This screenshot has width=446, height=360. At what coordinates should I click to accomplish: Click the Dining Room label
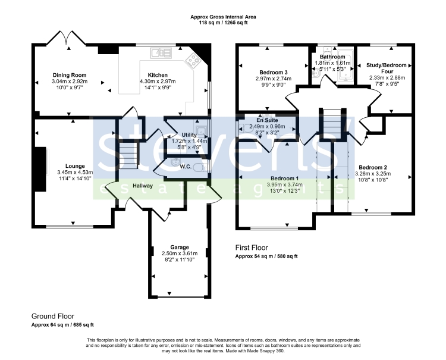(x=70, y=75)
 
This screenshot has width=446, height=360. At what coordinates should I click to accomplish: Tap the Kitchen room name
(x=158, y=75)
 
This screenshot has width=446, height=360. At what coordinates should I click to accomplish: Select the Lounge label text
(x=75, y=166)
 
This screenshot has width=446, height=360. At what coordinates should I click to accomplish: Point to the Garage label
(x=180, y=247)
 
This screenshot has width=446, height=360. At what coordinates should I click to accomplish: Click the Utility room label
(x=189, y=134)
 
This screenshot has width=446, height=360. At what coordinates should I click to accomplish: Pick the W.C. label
(x=186, y=167)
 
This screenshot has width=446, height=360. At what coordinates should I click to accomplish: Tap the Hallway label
(x=143, y=186)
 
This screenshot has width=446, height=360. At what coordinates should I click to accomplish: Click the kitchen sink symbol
(x=161, y=53)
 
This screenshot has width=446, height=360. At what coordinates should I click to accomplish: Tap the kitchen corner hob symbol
(x=193, y=61)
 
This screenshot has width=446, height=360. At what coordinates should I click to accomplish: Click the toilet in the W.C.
(x=200, y=168)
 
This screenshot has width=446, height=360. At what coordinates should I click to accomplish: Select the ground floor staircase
(x=128, y=155)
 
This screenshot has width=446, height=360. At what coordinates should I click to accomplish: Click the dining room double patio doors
(x=66, y=37)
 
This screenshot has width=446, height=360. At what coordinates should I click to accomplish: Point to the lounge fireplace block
(x=40, y=169)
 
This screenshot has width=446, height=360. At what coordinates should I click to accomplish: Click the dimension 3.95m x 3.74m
(x=284, y=184)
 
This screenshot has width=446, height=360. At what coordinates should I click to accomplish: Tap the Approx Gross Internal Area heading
(x=223, y=17)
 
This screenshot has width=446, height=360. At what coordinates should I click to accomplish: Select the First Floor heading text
(x=252, y=248)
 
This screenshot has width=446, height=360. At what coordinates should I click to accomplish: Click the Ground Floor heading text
(x=52, y=316)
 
